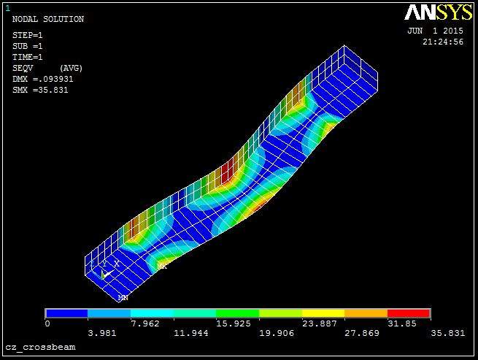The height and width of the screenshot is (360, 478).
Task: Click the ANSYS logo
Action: tap(438, 12)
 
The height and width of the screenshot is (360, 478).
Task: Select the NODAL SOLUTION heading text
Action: tap(48, 19)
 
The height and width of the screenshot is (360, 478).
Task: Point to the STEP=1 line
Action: tap(28, 35)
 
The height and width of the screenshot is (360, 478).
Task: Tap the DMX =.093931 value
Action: tap(43, 80)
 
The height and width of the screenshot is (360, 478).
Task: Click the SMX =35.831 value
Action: tap(40, 91)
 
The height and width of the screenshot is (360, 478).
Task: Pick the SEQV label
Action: tap(23, 69)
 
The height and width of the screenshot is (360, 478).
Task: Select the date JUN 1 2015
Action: tap(436, 31)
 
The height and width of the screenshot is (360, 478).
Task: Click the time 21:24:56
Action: tap(443, 42)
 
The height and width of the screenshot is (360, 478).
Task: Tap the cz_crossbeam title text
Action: tap(40, 348)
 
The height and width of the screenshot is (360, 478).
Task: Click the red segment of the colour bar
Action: tap(409, 313)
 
